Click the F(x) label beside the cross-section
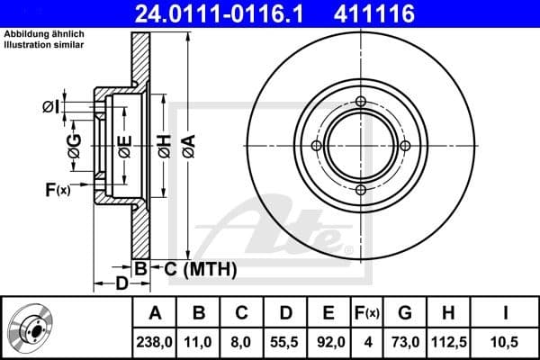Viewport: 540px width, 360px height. tap(57, 189)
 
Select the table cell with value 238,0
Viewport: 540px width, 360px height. tap(155, 340)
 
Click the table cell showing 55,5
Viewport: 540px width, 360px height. tap(285, 340)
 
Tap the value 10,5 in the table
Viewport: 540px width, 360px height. tap(505, 340)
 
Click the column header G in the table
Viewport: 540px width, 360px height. tap(405, 313)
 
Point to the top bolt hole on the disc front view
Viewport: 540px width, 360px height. tap(360, 102)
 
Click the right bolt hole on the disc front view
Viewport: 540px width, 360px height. tap(404, 146)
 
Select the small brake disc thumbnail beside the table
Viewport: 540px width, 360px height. tap(28, 327)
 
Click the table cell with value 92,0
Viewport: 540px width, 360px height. tap(329, 340)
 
